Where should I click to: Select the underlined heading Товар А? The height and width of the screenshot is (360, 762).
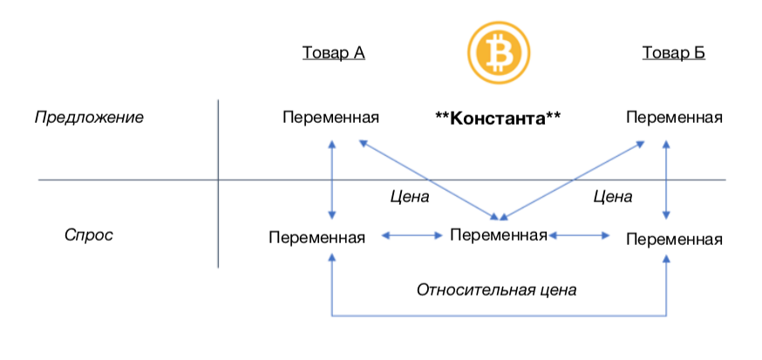click(x=333, y=53)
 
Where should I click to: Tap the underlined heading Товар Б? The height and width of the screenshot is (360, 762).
click(x=673, y=53)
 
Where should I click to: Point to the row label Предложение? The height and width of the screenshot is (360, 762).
click(x=89, y=117)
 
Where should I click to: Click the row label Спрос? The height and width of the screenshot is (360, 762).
click(x=89, y=235)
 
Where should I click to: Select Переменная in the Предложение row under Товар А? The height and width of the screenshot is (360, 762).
click(x=331, y=118)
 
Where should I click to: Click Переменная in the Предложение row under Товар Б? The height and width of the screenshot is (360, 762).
click(x=675, y=118)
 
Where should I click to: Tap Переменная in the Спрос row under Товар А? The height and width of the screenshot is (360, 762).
click(x=317, y=236)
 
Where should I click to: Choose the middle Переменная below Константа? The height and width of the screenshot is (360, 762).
click(x=498, y=234)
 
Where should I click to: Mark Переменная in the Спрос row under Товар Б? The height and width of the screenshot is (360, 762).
click(x=675, y=238)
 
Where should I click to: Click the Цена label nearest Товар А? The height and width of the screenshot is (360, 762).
click(x=410, y=197)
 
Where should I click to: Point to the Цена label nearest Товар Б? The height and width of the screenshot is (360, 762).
click(x=612, y=197)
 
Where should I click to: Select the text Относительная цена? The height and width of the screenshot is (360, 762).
click(x=497, y=289)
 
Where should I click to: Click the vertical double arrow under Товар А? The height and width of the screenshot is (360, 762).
click(x=331, y=179)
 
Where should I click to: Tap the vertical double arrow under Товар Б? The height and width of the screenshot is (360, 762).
click(x=667, y=179)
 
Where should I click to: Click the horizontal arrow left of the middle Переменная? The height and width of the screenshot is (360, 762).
click(x=412, y=234)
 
